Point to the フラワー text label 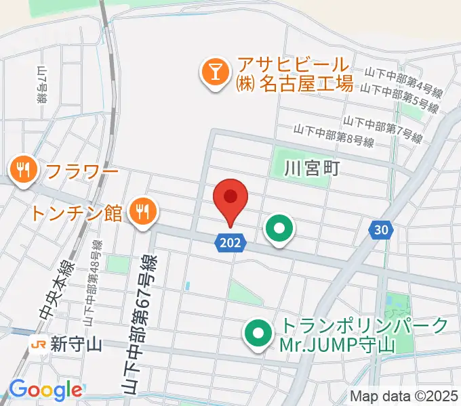(82, 172)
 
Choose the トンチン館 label (76, 214)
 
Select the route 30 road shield (382, 231)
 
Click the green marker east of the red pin (279, 228)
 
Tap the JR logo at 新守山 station (39, 345)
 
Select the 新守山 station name (76, 345)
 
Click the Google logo (45, 390)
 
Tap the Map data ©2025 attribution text (404, 396)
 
